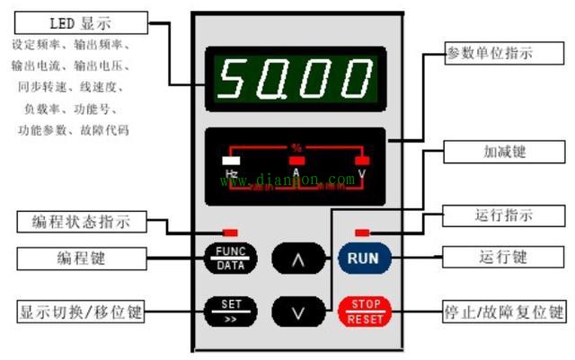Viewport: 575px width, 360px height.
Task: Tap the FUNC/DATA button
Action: pyautogui.click(x=231, y=259)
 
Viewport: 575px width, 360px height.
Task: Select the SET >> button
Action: pyautogui.click(x=231, y=310)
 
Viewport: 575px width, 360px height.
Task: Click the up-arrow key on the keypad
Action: pyautogui.click(x=297, y=259)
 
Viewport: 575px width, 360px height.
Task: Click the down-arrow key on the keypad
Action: pyautogui.click(x=297, y=311)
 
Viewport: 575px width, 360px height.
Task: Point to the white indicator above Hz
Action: pyautogui.click(x=230, y=161)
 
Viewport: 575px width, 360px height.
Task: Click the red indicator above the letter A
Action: pyautogui.click(x=296, y=161)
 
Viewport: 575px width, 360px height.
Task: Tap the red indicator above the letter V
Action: pyautogui.click(x=362, y=161)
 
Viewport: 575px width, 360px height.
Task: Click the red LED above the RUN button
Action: pyautogui.click(x=363, y=232)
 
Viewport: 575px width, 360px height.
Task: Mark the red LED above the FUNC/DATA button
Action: pyautogui.click(x=230, y=232)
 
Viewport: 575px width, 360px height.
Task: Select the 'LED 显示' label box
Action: pyautogui.click(x=74, y=21)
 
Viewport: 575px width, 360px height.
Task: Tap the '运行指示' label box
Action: pyautogui.click(x=502, y=215)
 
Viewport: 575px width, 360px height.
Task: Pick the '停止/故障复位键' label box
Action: pyautogui.click(x=506, y=312)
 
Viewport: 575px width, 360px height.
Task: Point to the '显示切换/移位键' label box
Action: pyautogui.click(x=81, y=312)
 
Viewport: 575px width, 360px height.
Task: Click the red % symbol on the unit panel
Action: pyautogui.click(x=296, y=146)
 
